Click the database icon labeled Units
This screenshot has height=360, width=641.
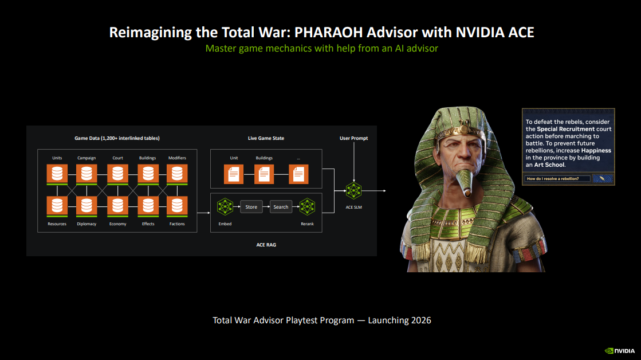tap(57, 173)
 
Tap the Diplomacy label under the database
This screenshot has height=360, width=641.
tap(86, 224)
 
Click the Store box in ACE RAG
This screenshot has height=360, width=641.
tap(251, 206)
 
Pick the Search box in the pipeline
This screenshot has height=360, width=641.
tap(281, 206)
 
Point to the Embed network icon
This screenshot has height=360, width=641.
tap(225, 206)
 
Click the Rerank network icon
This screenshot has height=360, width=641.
tap(307, 206)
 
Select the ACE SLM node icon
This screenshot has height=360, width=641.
tap(353, 190)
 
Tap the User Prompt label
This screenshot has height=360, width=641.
tap(353, 138)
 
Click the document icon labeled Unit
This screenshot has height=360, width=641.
tap(234, 174)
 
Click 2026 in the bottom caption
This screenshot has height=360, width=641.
tap(421, 320)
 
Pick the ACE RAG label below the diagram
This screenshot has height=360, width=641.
tap(266, 245)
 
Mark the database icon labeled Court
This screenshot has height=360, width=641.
tap(117, 173)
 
